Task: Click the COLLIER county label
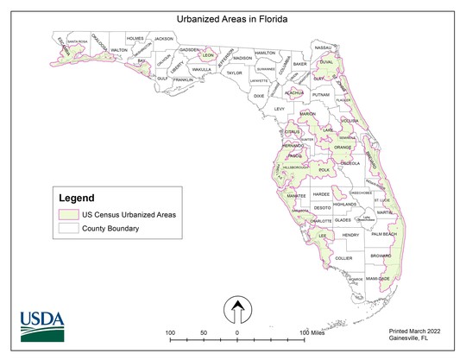[344, 258]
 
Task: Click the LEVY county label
[279, 110]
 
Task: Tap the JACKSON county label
[163, 39]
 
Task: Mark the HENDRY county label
[349, 235]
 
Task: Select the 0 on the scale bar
[237, 332]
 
